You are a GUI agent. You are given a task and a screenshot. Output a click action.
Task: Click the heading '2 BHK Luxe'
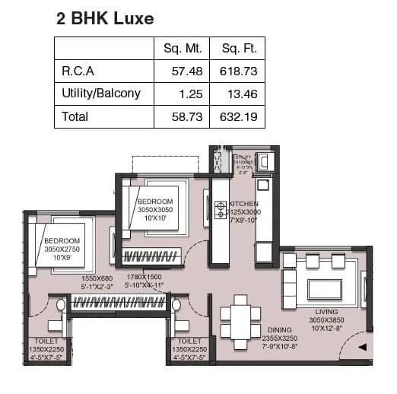105,19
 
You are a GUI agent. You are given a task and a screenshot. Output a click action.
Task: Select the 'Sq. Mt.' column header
182,49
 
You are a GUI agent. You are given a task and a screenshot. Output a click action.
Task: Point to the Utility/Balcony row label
101,94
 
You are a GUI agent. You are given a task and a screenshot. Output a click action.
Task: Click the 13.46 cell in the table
242,94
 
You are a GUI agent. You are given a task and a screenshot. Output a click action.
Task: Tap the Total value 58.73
187,116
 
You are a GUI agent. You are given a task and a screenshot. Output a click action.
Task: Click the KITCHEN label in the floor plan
244,204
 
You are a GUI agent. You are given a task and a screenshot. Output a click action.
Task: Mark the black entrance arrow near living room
363,347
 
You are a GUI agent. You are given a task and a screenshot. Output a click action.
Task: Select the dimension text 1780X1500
145,277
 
